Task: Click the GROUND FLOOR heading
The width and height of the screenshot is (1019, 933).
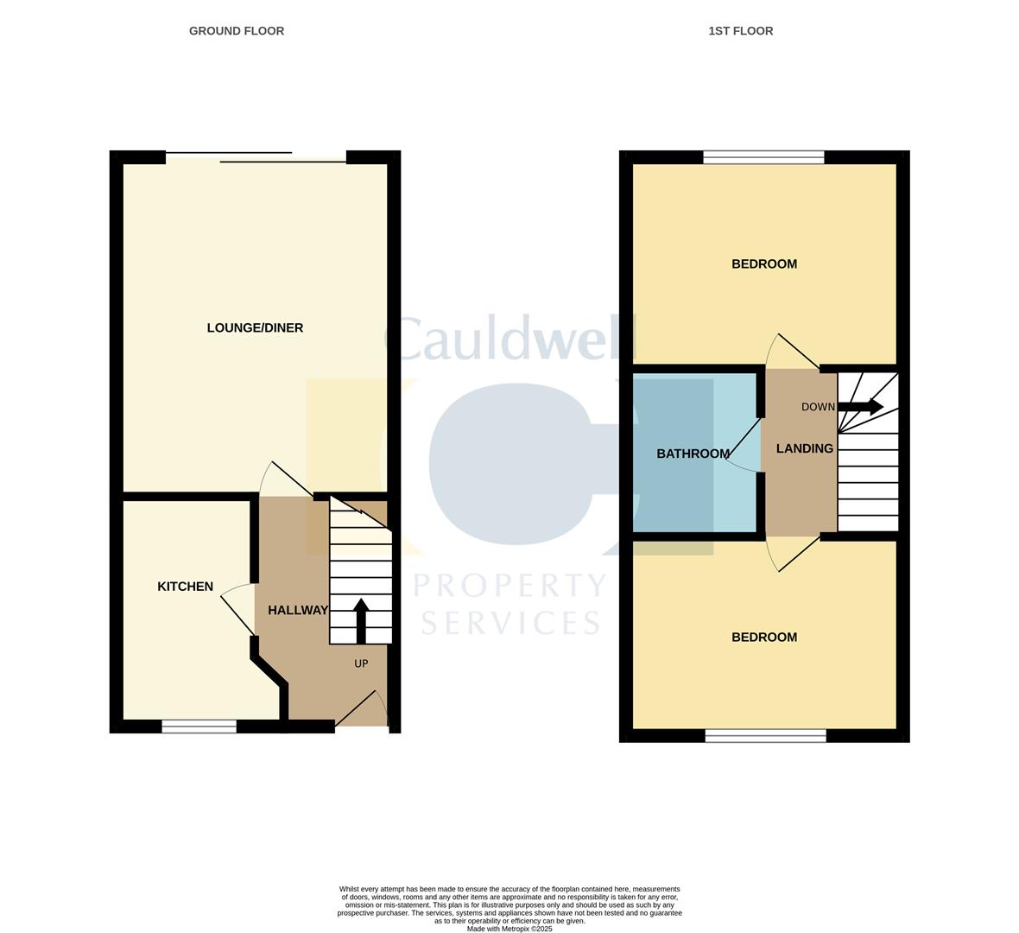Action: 237,31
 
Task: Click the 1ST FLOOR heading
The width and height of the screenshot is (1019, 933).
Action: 740,31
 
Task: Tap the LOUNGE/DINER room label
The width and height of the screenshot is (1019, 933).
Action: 255,328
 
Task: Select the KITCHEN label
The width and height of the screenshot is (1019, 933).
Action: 185,587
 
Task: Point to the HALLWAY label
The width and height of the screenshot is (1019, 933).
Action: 298,610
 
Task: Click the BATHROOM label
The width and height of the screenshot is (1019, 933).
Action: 693,454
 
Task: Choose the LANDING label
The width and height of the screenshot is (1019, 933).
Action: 804,448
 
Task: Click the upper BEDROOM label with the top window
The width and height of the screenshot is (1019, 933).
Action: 763,264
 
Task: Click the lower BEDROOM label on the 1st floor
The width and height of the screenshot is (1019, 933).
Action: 763,638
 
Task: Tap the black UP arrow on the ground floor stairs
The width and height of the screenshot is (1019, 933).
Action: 361,620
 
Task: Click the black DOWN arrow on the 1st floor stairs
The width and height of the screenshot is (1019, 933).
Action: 860,407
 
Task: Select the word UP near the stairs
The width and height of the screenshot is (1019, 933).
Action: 361,663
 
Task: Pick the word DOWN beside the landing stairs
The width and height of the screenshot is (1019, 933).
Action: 818,407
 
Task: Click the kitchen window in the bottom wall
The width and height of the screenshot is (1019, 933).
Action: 199,727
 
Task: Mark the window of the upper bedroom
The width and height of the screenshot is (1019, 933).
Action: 763,157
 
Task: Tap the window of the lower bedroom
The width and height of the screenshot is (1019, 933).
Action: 765,736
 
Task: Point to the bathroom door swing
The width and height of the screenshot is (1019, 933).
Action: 744,447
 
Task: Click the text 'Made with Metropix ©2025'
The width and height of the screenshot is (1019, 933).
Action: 509,929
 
